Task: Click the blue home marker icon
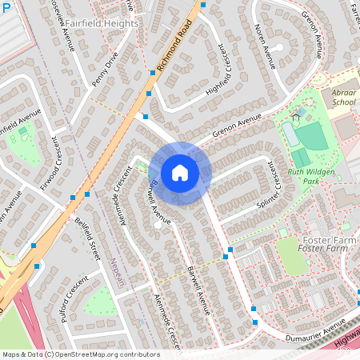(180, 173)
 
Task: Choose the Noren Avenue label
(265, 45)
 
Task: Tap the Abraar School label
(344, 98)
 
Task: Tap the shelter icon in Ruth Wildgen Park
(296, 118)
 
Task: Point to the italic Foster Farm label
(326, 250)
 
